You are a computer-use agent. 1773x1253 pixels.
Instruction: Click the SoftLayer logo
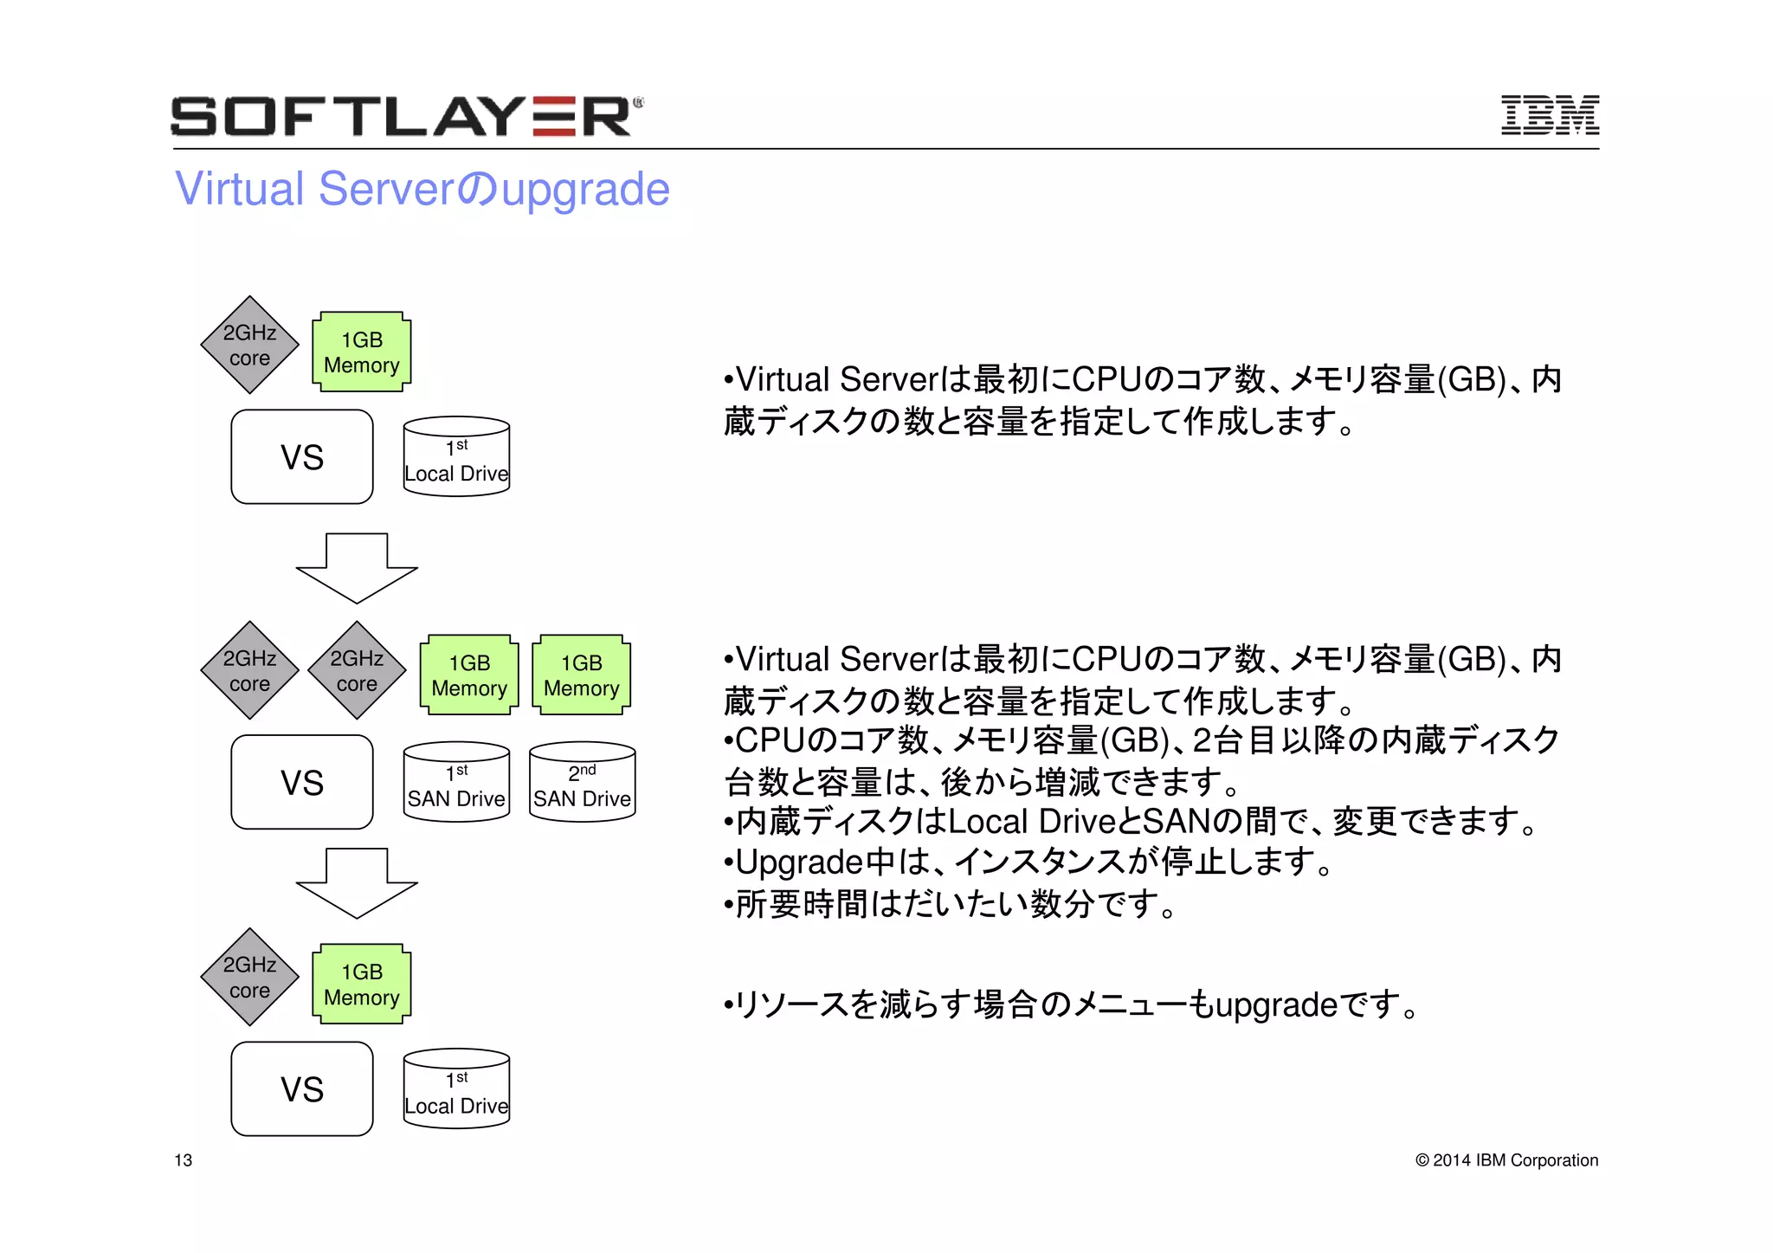click(x=405, y=116)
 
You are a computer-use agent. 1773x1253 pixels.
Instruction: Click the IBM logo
click(x=1549, y=115)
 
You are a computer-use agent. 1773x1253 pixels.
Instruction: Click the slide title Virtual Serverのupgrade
click(x=422, y=189)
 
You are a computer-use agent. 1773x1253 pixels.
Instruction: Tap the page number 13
click(x=183, y=1160)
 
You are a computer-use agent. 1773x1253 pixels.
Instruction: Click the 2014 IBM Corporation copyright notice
click(x=1506, y=1160)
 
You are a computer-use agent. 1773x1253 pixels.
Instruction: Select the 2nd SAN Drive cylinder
click(x=582, y=783)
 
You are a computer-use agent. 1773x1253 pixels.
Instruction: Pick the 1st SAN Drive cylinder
click(x=456, y=783)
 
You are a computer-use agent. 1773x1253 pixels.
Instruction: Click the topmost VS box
click(x=302, y=457)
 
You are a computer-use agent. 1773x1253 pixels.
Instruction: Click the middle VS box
click(x=302, y=783)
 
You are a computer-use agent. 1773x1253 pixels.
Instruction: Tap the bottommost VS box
click(x=302, y=1089)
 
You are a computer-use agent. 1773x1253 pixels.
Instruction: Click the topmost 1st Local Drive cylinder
click(x=456, y=458)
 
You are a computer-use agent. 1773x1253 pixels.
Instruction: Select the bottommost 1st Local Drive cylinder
click(x=456, y=1090)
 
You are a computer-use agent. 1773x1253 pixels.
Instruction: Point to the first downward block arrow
click(x=357, y=568)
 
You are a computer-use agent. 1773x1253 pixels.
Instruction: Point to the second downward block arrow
click(x=357, y=883)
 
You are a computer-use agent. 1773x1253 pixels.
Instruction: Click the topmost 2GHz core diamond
click(x=249, y=345)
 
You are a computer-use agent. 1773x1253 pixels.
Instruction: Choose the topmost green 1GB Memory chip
click(x=361, y=352)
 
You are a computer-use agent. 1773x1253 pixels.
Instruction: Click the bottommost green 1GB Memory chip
click(x=361, y=985)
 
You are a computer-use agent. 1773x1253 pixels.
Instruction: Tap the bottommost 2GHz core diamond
click(x=249, y=977)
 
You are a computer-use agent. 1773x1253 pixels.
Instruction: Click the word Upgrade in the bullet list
click(x=798, y=862)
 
